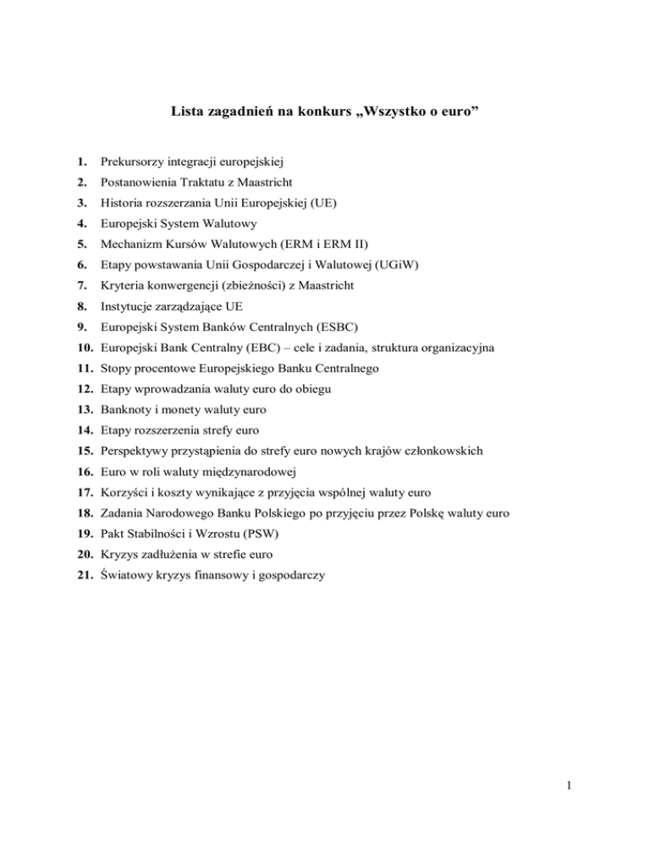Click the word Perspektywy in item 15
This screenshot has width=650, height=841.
[x=135, y=451]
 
